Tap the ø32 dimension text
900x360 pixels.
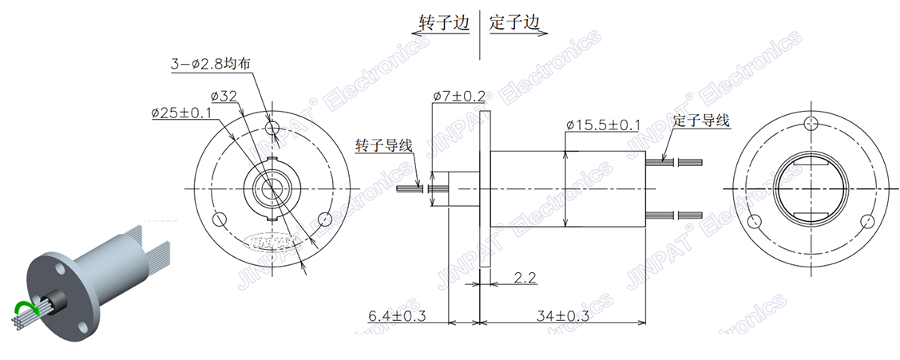coord(224,96)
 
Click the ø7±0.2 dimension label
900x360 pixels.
coord(459,96)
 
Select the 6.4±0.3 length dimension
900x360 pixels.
coord(397,316)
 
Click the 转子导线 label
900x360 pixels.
coord(383,145)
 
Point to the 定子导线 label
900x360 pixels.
coord(701,121)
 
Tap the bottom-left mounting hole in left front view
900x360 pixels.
coord(220,218)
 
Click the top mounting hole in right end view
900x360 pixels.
coord(811,123)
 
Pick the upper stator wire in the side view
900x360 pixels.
coord(675,162)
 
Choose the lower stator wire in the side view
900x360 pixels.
coord(675,215)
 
